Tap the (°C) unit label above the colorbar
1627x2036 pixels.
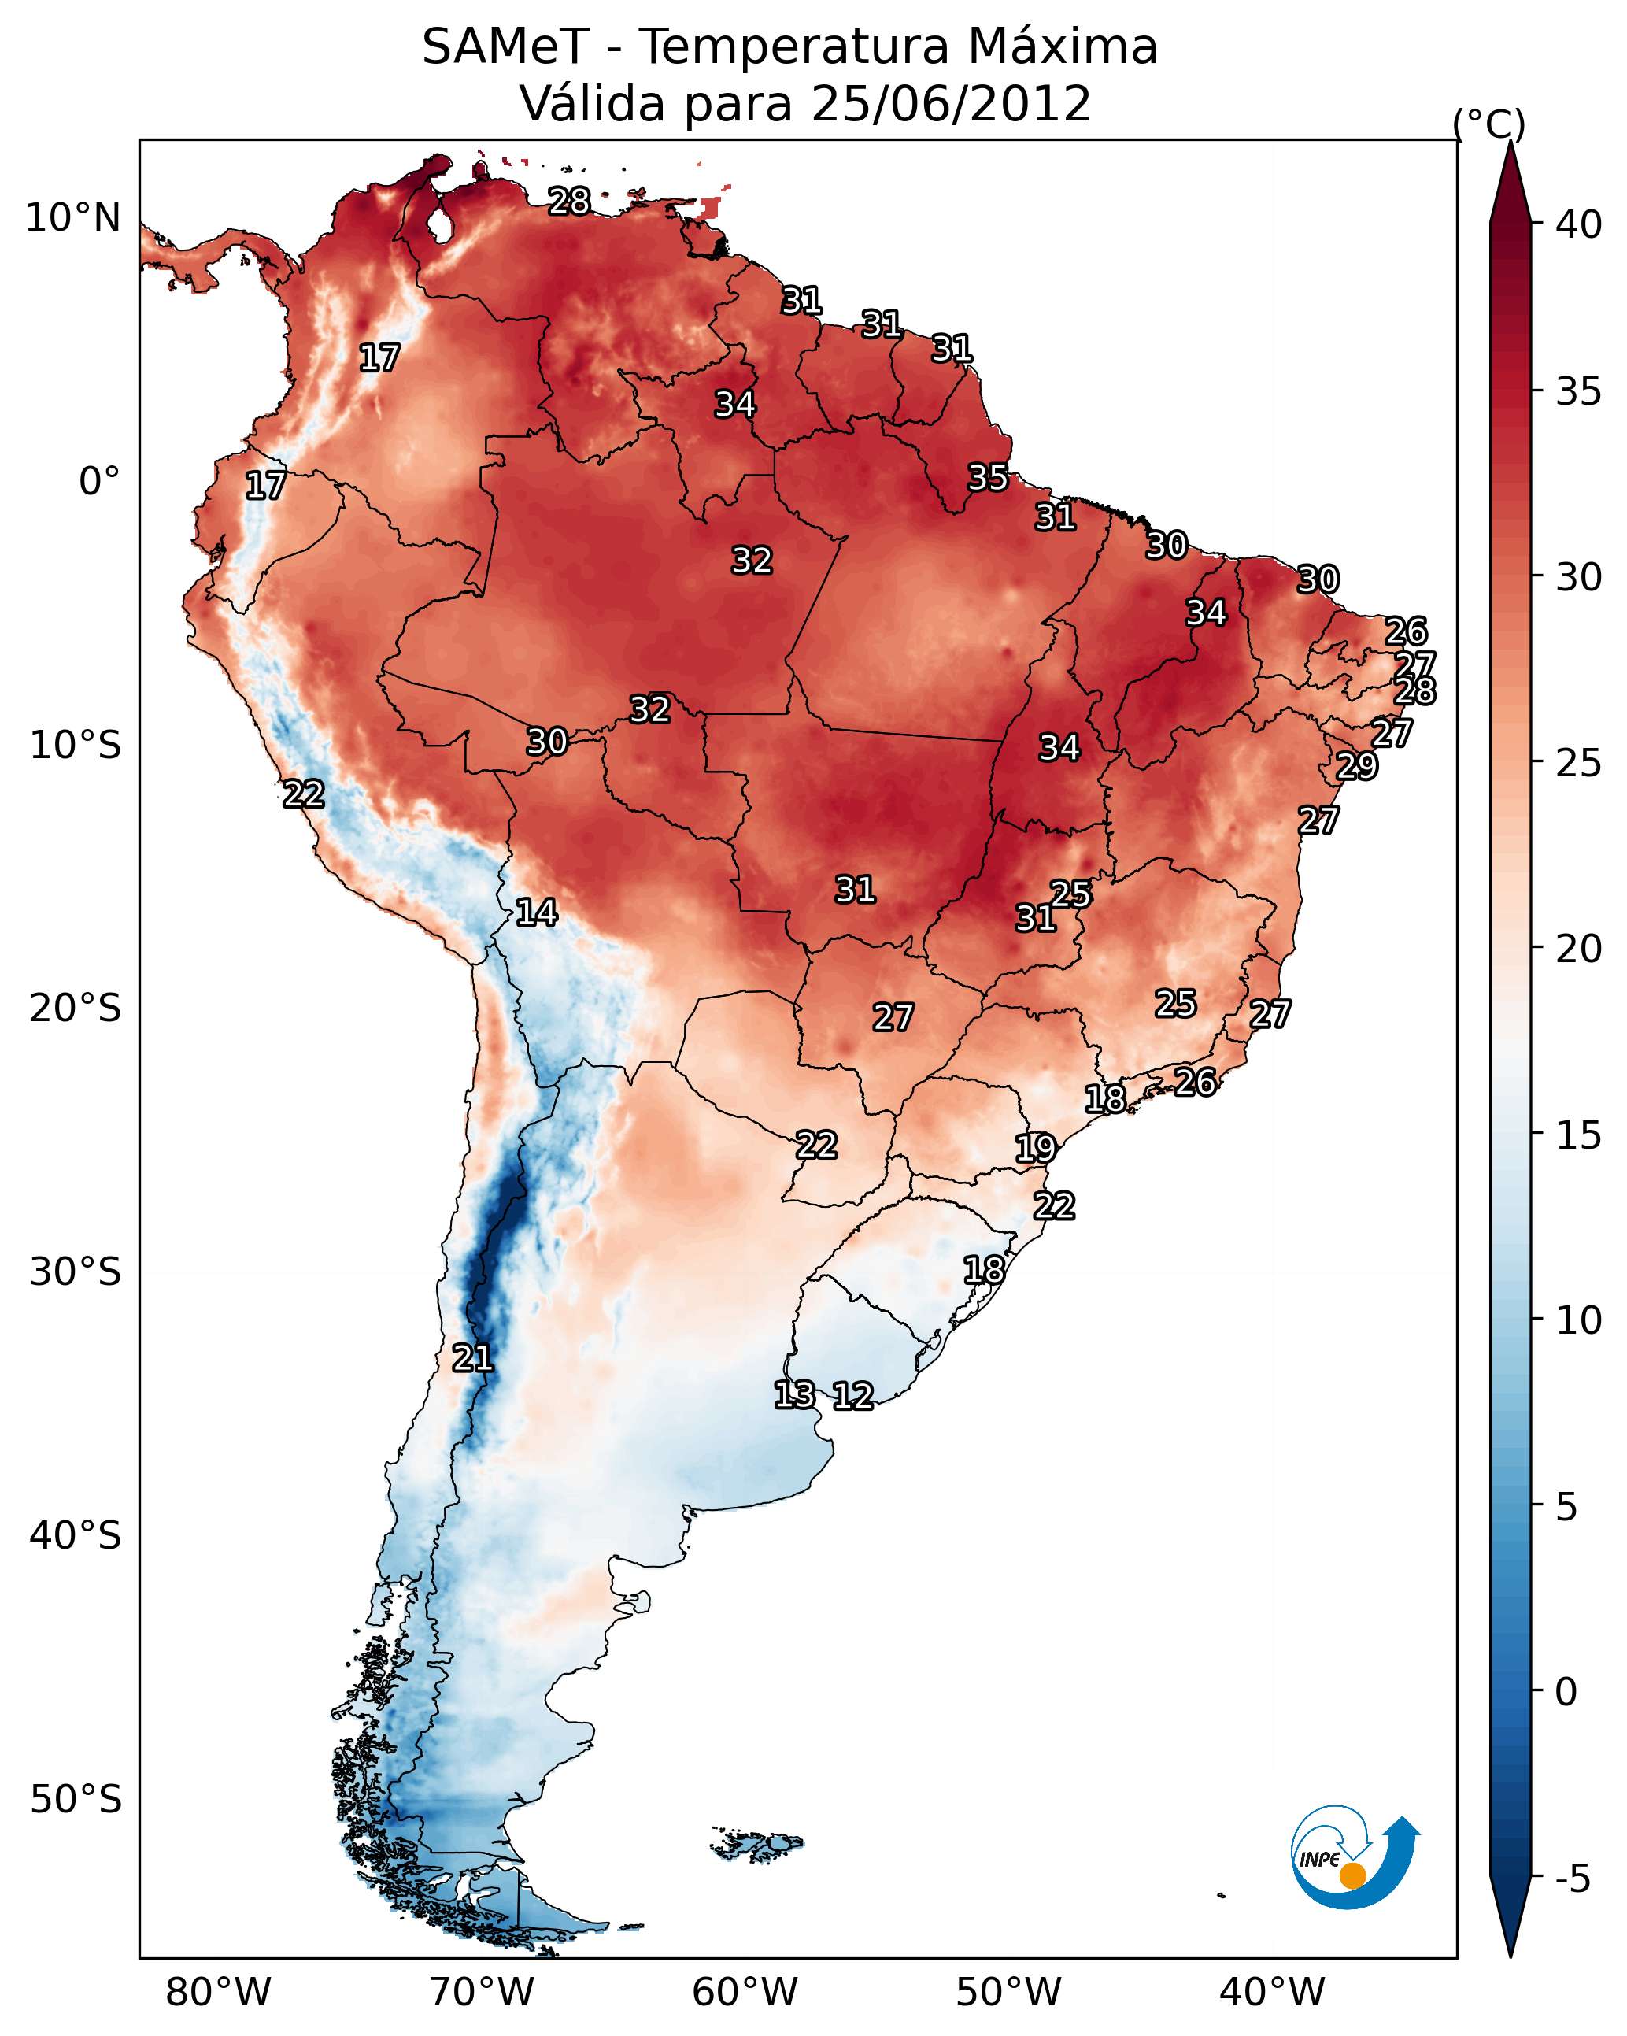click(x=1488, y=124)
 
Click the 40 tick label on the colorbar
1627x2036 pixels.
click(x=1578, y=224)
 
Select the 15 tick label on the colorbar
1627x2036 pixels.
click(x=1578, y=1135)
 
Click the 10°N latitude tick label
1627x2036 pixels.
click(x=72, y=218)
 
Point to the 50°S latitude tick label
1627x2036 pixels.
click(x=76, y=1800)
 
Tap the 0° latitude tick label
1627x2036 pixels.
click(x=99, y=482)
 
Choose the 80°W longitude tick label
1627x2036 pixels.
click(x=218, y=1992)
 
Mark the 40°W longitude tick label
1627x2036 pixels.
click(x=1272, y=1992)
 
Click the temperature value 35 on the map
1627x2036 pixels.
click(x=988, y=478)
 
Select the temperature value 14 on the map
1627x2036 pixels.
click(x=536, y=912)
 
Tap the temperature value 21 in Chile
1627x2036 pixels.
click(x=472, y=1358)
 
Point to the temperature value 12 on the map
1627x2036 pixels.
click(x=852, y=1396)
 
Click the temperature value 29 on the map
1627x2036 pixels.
click(x=1357, y=766)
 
